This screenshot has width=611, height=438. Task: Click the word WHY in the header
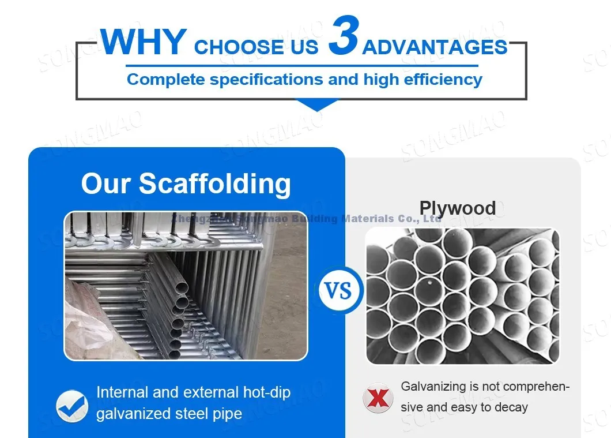pyautogui.click(x=144, y=42)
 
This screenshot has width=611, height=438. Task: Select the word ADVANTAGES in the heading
pyautogui.click(x=435, y=47)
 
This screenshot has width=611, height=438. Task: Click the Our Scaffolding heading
pyautogui.click(x=186, y=184)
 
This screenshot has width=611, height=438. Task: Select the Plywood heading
pyautogui.click(x=457, y=208)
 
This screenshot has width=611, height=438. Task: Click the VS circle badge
pyautogui.click(x=341, y=290)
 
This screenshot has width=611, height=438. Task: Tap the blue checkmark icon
pyautogui.click(x=72, y=406)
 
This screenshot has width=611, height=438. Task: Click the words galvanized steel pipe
pyautogui.click(x=169, y=414)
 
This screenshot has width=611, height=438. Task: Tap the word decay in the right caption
pyautogui.click(x=511, y=407)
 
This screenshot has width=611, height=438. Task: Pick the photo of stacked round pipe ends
pyautogui.click(x=462, y=295)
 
